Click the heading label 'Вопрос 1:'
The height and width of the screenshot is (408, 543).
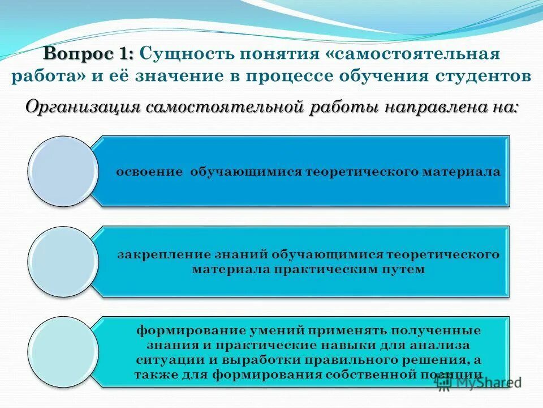click(88, 55)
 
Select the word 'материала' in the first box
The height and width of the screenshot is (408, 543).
click(473, 172)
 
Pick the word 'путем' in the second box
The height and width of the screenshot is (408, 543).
click(407, 269)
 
